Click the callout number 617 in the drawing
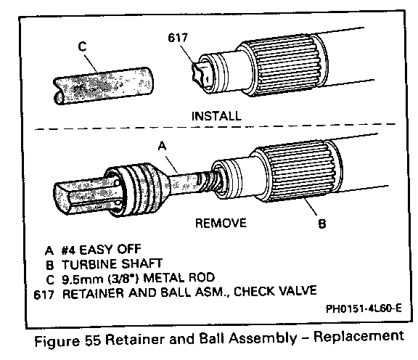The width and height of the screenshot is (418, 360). coord(178,38)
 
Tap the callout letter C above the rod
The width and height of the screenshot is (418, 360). coord(83,46)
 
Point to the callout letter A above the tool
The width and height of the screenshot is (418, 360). coord(162,146)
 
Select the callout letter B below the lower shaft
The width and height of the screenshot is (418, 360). coord(322,224)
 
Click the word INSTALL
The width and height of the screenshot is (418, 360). coord(216,116)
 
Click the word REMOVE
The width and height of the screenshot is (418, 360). coord(221,223)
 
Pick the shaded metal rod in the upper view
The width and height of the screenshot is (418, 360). coord(104,86)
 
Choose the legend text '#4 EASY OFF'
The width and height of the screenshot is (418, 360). coord(102,250)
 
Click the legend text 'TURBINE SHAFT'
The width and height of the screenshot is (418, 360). coord(112,264)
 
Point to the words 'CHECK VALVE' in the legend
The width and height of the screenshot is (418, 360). coord(275,291)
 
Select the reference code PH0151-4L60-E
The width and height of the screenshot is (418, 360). coord(364,308)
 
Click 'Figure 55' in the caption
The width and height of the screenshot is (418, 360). coord(67,340)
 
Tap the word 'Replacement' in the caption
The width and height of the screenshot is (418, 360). coord(358,337)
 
